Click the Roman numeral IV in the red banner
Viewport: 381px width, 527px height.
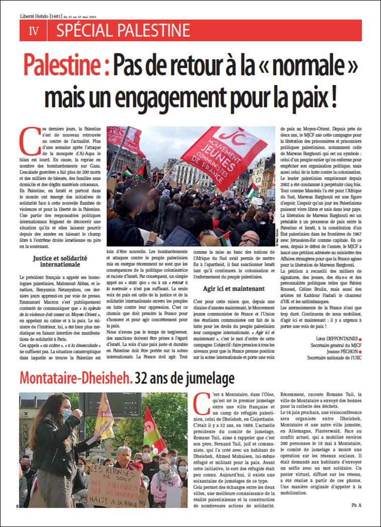point(34,31)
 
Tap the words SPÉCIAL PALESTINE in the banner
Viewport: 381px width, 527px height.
point(123,31)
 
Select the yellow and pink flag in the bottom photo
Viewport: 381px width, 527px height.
point(105,416)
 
